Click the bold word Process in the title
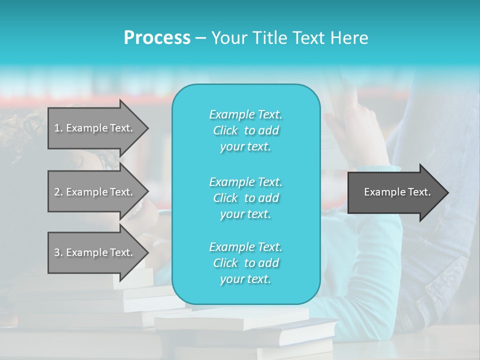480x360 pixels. (157, 38)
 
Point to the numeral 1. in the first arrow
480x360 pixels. (58, 128)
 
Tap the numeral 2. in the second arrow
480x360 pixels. (58, 192)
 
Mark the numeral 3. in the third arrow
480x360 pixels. (58, 252)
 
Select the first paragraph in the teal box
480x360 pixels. (245, 130)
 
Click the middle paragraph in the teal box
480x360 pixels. (245, 197)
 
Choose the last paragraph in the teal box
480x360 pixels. (245, 263)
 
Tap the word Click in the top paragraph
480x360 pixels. (225, 130)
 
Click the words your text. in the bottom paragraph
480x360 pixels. (245, 279)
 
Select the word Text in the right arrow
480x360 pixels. (419, 192)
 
